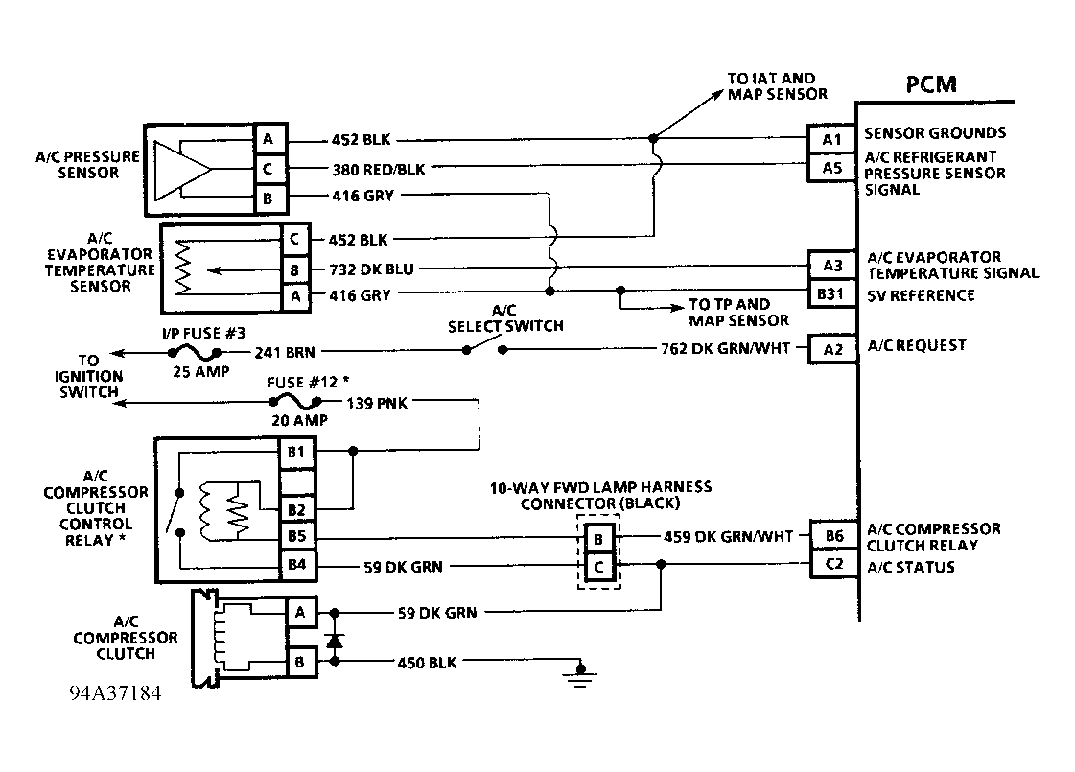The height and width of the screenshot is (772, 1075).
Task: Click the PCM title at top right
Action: click(x=930, y=83)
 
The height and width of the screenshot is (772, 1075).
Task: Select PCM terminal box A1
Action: click(x=831, y=139)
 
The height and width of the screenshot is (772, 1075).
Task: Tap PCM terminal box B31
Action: click(x=830, y=293)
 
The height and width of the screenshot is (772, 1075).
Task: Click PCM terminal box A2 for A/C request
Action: click(x=831, y=348)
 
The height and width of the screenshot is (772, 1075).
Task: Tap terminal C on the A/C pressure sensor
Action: click(x=269, y=170)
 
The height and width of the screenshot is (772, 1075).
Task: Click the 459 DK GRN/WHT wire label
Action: click(x=728, y=536)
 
